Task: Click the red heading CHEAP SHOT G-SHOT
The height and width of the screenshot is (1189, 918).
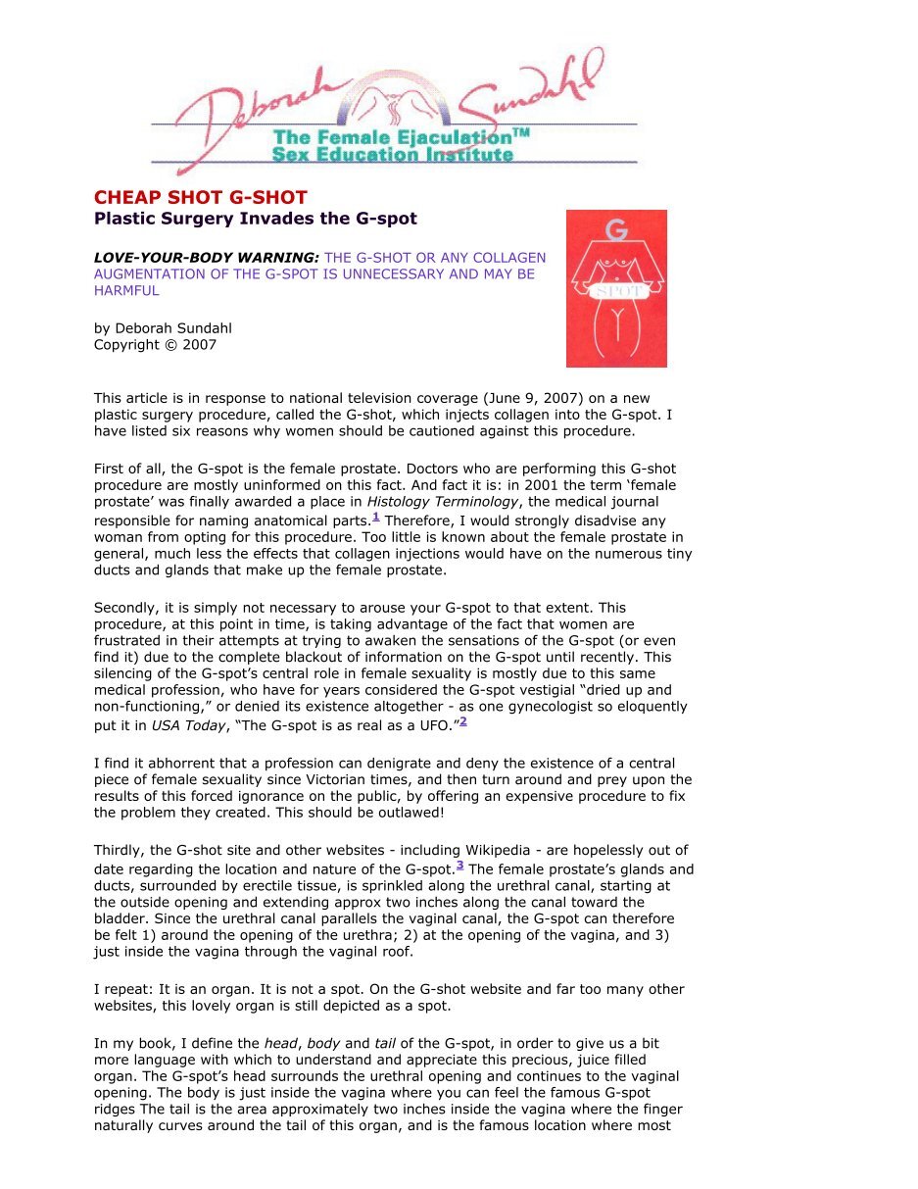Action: coord(200,197)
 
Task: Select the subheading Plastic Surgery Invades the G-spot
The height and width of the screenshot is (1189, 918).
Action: coord(255,219)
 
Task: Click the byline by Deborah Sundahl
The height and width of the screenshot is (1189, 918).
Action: coord(163,328)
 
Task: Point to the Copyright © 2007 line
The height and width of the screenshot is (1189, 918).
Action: coord(155,344)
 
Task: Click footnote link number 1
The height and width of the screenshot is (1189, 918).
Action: coord(375,516)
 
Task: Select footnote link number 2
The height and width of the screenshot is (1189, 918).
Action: coord(463,721)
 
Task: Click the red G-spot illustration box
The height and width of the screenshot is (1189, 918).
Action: coord(616,288)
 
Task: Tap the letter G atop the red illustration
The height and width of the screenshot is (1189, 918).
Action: coord(616,230)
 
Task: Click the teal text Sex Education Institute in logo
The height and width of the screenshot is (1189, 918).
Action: coord(392,155)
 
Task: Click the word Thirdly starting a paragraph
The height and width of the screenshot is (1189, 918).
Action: coord(119,850)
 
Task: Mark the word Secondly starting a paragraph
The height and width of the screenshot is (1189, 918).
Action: coord(125,608)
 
